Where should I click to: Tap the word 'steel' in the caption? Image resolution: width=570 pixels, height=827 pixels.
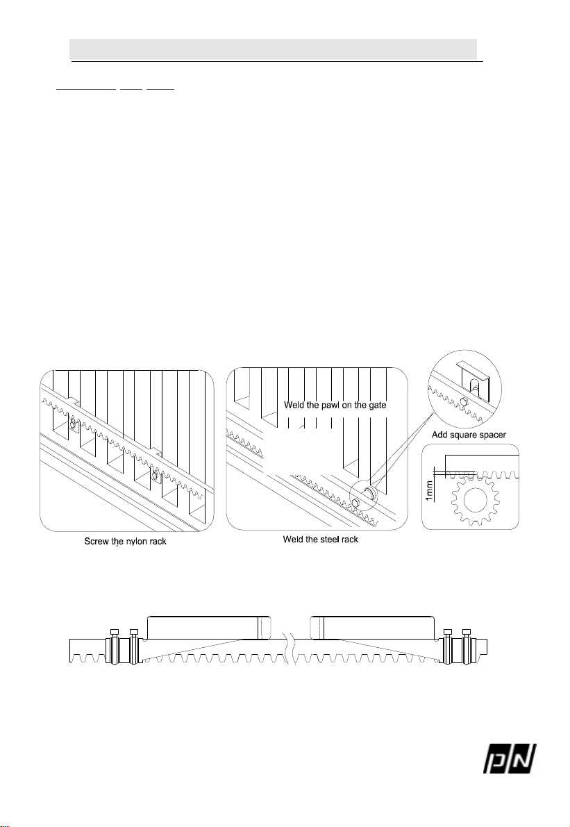pos(326,540)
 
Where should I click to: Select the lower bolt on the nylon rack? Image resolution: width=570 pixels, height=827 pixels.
pos(156,476)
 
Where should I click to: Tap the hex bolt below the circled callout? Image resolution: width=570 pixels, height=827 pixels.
pos(354,503)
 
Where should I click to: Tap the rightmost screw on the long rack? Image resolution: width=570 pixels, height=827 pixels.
pos(467,635)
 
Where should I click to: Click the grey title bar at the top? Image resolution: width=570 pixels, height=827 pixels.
pos(274,49)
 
